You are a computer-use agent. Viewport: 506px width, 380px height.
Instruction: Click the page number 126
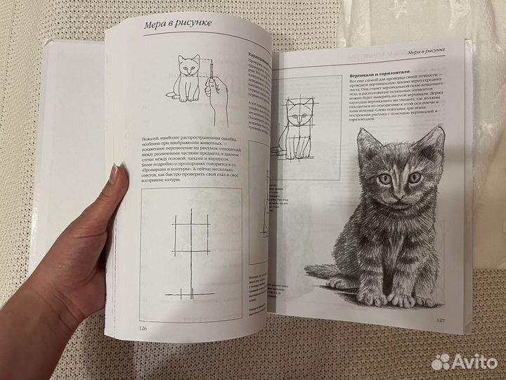pos(143,327)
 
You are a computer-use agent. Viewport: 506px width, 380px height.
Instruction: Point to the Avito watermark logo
pos(465,360)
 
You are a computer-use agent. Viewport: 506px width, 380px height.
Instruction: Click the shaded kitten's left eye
pos(385,180)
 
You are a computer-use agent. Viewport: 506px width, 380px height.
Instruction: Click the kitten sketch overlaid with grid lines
pos(297,131)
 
